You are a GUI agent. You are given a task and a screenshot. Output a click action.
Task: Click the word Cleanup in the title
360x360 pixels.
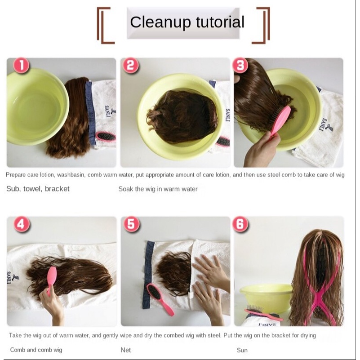(x=160, y=22)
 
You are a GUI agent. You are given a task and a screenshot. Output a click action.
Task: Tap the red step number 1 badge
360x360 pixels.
(x=22, y=65)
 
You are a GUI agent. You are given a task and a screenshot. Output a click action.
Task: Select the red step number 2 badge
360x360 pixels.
(x=131, y=65)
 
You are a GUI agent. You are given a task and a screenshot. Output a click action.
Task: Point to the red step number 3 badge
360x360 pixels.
(x=240, y=65)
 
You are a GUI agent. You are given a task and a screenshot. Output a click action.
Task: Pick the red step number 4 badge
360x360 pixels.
(x=22, y=224)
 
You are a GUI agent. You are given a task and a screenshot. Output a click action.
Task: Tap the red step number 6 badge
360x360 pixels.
(x=240, y=224)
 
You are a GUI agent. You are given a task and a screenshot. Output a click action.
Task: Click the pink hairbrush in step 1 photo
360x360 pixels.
(x=106, y=137)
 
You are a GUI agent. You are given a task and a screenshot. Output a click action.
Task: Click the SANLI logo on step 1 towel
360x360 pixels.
(x=109, y=111)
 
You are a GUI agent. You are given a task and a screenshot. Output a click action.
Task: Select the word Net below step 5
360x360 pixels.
(x=125, y=350)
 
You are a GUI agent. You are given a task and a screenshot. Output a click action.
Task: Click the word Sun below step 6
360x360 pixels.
(x=242, y=350)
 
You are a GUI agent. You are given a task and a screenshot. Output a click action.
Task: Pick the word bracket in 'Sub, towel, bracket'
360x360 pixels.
(x=57, y=189)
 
